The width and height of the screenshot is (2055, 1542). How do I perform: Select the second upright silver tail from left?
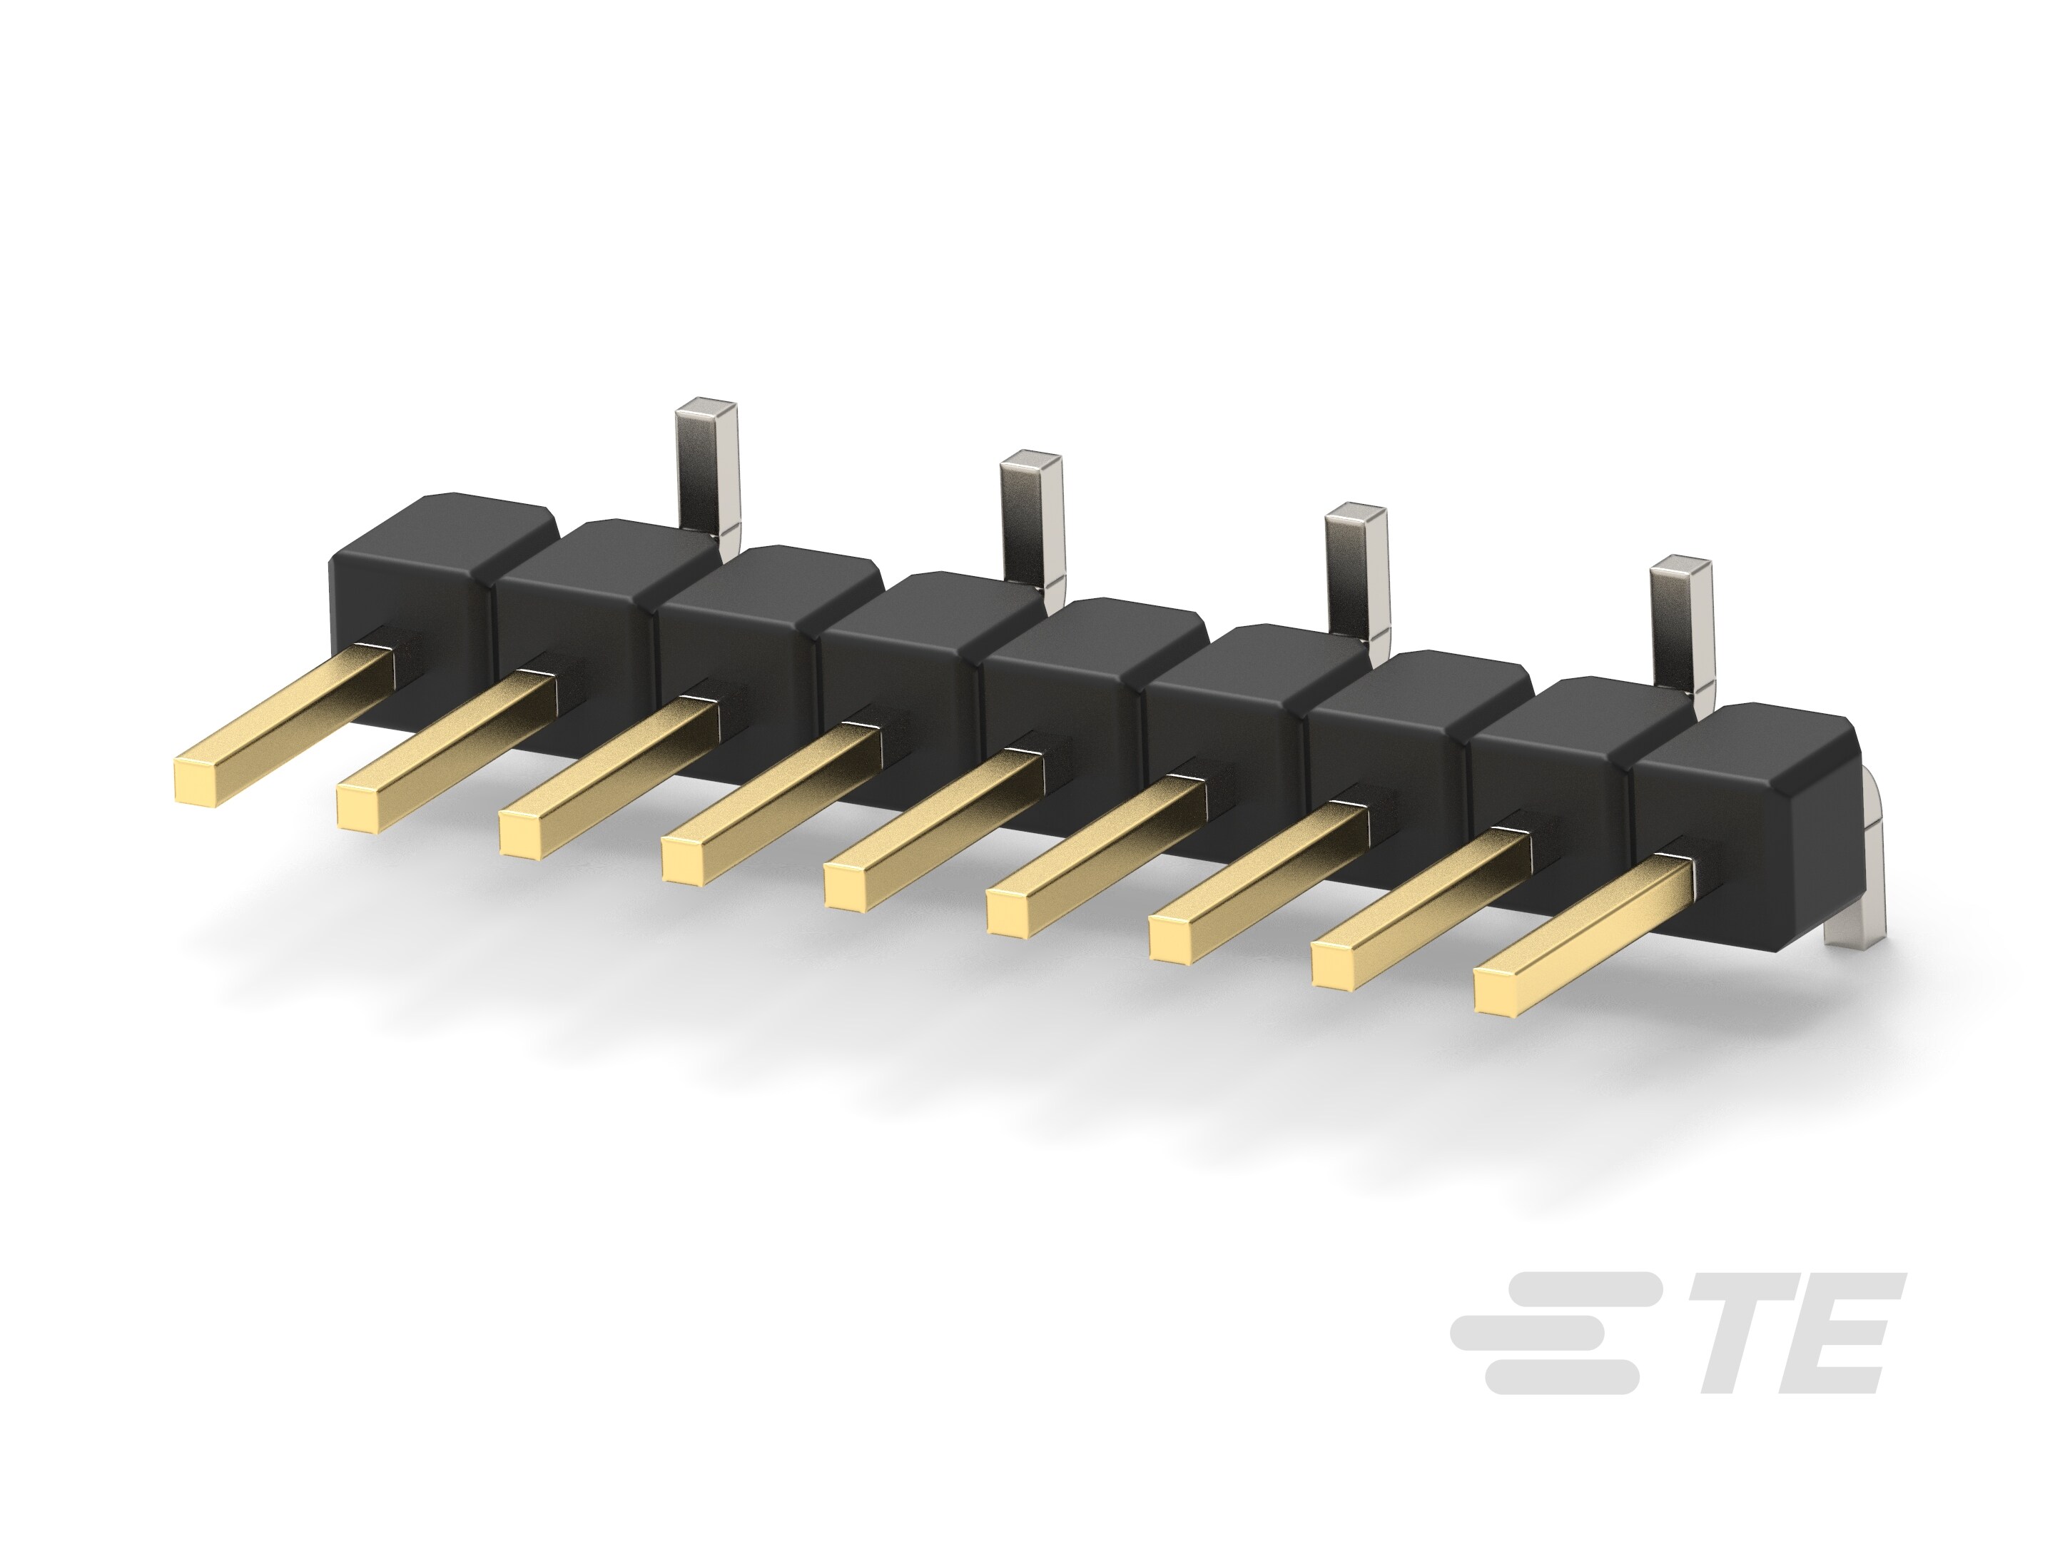(1031, 516)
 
